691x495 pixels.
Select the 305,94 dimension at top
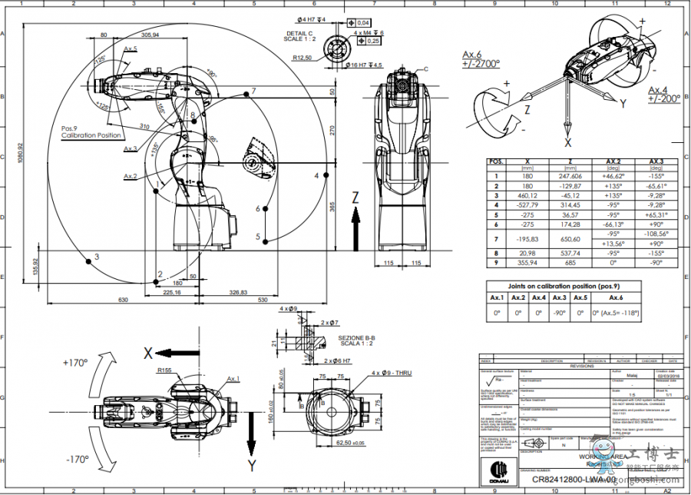pyautogui.click(x=150, y=35)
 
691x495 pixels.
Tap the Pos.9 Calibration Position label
pyautogui.click(x=91, y=131)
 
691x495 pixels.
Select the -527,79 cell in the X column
pyautogui.click(x=524, y=206)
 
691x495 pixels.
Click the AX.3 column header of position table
pyautogui.click(x=656, y=161)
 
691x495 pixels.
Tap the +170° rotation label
pyautogui.click(x=77, y=361)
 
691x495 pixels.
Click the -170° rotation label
pyautogui.click(x=77, y=460)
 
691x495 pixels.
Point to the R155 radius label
pyautogui.click(x=164, y=370)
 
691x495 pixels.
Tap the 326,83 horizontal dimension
pyautogui.click(x=238, y=292)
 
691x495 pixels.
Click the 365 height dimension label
pyautogui.click(x=332, y=208)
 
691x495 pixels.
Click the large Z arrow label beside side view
pyautogui.click(x=355, y=198)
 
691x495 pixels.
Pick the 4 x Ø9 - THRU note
pyautogui.click(x=392, y=373)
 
